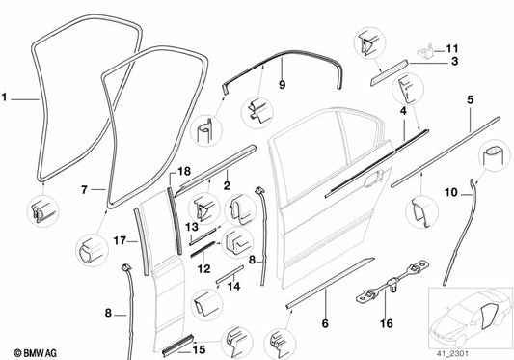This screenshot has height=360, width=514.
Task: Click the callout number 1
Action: (6, 97)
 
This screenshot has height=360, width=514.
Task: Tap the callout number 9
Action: (282, 84)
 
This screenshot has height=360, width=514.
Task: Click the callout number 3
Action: (453, 62)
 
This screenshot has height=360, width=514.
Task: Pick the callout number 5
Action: (470, 98)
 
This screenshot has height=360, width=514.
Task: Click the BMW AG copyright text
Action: (30, 346)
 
